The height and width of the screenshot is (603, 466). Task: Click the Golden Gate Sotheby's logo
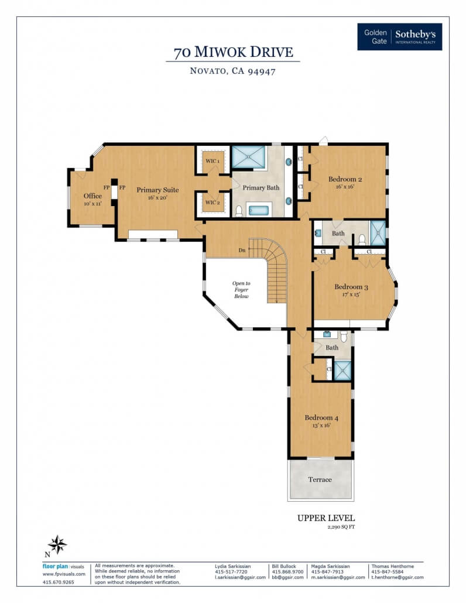click(x=399, y=36)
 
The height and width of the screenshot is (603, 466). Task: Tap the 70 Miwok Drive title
click(x=233, y=52)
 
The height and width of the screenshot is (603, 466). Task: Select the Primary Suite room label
click(x=157, y=190)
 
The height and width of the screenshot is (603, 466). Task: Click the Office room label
click(x=92, y=196)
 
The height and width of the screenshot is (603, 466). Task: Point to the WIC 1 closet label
click(x=213, y=161)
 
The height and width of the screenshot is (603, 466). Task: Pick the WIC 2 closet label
click(x=213, y=203)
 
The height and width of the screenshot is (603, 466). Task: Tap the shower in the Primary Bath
click(x=249, y=157)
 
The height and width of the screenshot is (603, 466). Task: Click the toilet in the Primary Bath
click(x=239, y=211)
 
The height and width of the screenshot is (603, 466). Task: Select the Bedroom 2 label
click(x=345, y=179)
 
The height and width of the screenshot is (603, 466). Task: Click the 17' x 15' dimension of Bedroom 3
click(x=351, y=294)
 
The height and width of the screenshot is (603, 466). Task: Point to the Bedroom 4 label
click(x=321, y=417)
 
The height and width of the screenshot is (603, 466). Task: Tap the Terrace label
click(x=320, y=479)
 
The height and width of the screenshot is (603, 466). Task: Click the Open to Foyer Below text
click(x=241, y=290)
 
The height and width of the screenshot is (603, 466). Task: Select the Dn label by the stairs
click(x=242, y=250)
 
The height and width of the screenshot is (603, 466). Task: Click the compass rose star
click(x=57, y=544)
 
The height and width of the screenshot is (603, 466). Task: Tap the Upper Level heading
click(x=326, y=518)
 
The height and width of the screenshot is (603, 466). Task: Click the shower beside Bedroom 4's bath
click(x=342, y=371)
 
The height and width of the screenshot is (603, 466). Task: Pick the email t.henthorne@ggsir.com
click(x=398, y=577)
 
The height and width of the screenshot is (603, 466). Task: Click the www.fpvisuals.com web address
click(x=64, y=574)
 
